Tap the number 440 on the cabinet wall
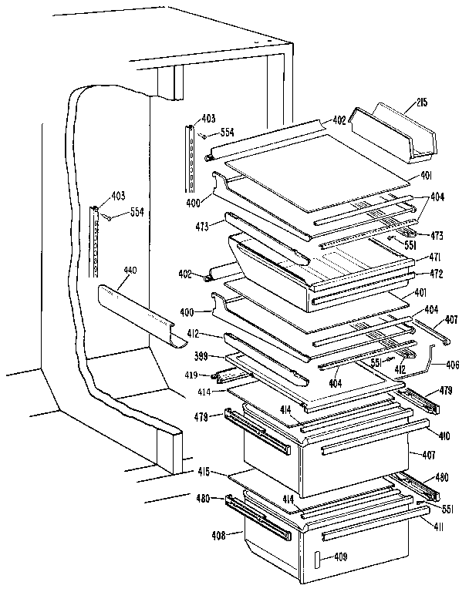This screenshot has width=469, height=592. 130,271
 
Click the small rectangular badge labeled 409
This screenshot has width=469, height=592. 317,560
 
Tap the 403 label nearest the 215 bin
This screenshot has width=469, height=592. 209,118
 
